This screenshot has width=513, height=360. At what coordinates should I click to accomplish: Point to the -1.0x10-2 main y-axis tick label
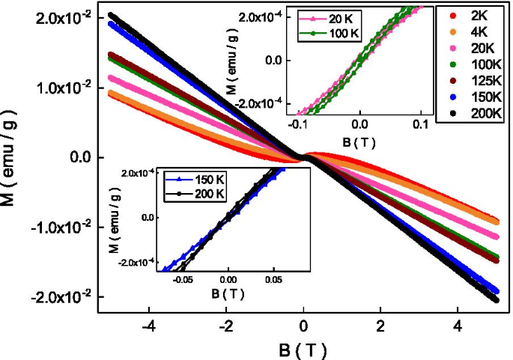pos(58,227)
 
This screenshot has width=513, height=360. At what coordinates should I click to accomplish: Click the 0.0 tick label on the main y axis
pos(79,157)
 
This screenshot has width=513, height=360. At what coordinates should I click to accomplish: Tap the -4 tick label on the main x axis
pos(148,327)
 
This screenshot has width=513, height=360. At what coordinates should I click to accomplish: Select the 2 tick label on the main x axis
pos(380,327)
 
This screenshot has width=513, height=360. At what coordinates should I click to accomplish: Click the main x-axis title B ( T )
pos(303,349)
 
